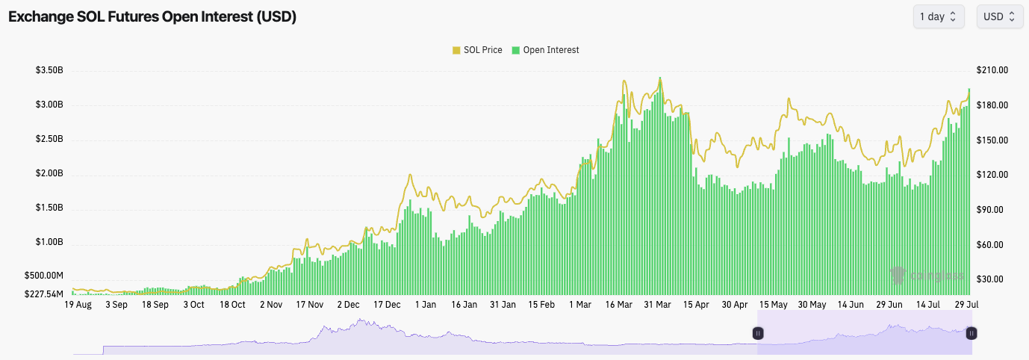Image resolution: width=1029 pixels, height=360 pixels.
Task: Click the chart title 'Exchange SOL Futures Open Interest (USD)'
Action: (x=152, y=16)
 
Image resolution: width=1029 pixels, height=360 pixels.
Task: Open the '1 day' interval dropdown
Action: (x=938, y=16)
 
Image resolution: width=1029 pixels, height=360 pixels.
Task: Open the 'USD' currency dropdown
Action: (x=999, y=16)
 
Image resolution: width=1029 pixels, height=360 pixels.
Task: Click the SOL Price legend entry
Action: (x=477, y=50)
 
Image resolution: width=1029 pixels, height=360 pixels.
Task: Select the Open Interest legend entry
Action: (x=545, y=50)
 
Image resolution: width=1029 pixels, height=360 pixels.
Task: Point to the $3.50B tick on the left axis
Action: (x=49, y=70)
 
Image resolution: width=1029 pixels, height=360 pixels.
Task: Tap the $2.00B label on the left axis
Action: (x=49, y=174)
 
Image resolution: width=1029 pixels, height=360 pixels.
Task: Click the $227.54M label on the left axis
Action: (x=44, y=294)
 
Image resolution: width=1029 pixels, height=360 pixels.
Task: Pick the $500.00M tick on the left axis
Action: (x=44, y=276)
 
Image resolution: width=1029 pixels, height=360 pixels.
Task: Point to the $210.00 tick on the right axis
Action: (x=992, y=70)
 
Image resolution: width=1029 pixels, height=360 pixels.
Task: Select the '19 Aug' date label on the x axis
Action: (x=78, y=305)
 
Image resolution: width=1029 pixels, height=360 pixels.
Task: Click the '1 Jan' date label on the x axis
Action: (x=426, y=305)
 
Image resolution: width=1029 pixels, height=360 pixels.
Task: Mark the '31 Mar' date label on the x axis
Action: (x=657, y=305)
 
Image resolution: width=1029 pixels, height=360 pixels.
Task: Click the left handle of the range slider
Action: (x=758, y=333)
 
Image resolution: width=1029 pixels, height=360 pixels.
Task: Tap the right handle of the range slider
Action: (x=972, y=333)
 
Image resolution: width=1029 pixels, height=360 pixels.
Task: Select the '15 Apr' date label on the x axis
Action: (x=696, y=305)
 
